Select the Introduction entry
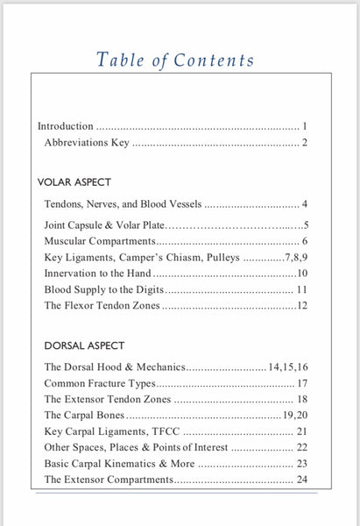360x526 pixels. point(66,126)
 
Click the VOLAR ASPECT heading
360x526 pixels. point(74,182)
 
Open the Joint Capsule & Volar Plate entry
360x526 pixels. point(104,224)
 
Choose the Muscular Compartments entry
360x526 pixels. point(99,240)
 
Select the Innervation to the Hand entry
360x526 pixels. point(98,274)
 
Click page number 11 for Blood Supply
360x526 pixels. point(300,289)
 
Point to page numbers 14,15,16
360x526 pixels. point(287,368)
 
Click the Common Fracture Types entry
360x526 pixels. point(99,383)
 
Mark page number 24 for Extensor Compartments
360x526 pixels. point(301,480)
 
